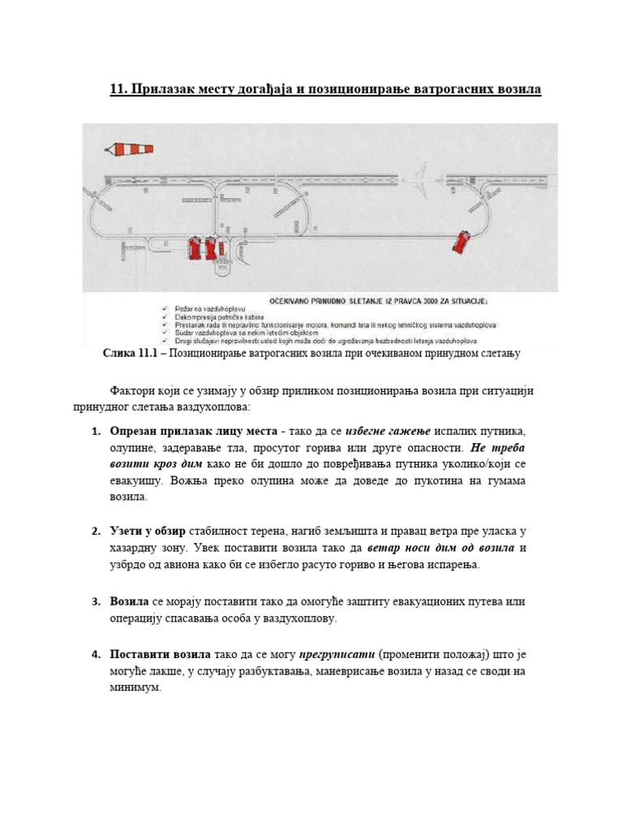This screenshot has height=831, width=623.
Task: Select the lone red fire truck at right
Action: (x=462, y=240)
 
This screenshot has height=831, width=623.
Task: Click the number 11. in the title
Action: (x=120, y=89)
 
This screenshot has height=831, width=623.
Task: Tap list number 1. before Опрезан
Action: (x=94, y=428)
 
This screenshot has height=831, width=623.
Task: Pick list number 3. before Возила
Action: (x=94, y=601)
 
